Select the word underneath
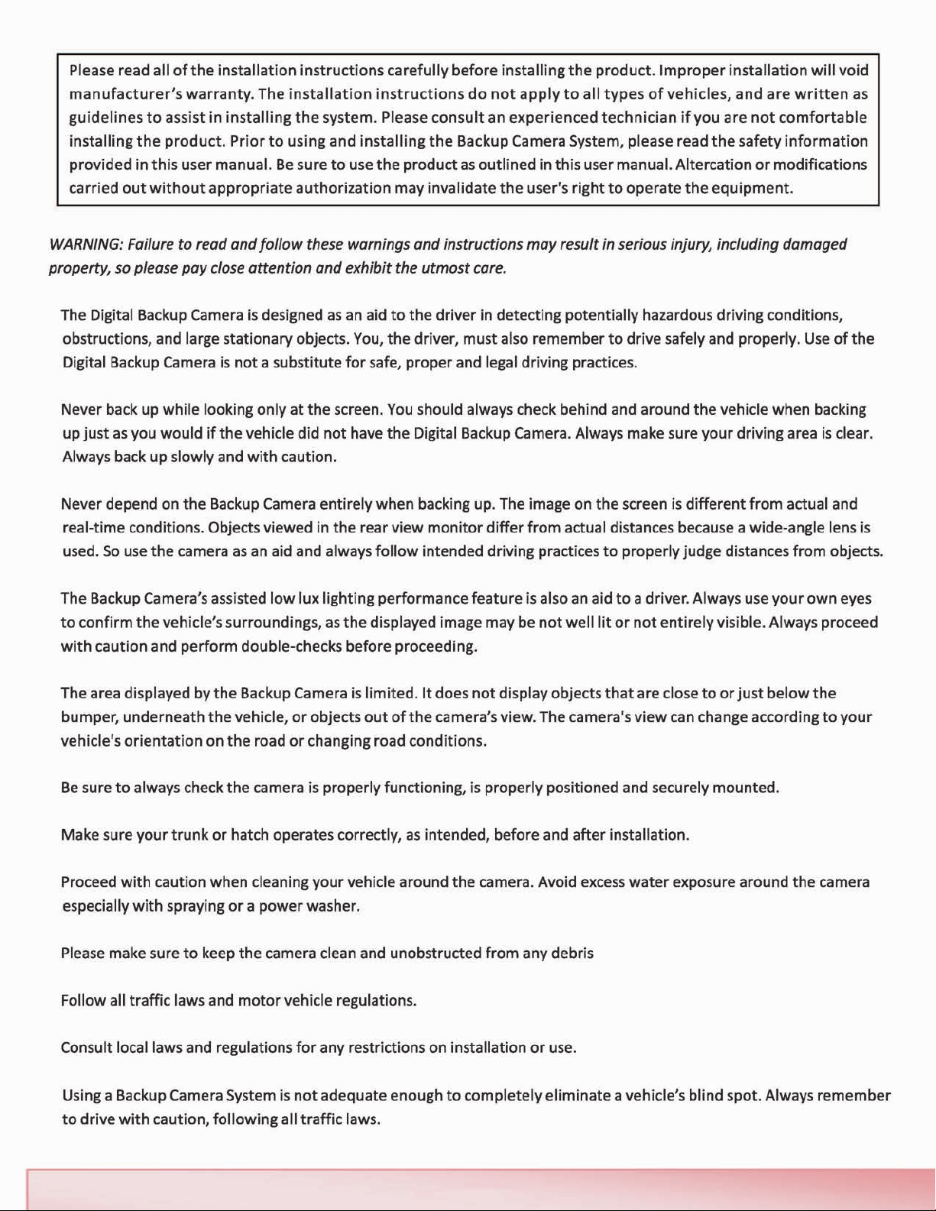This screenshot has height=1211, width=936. click(164, 717)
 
